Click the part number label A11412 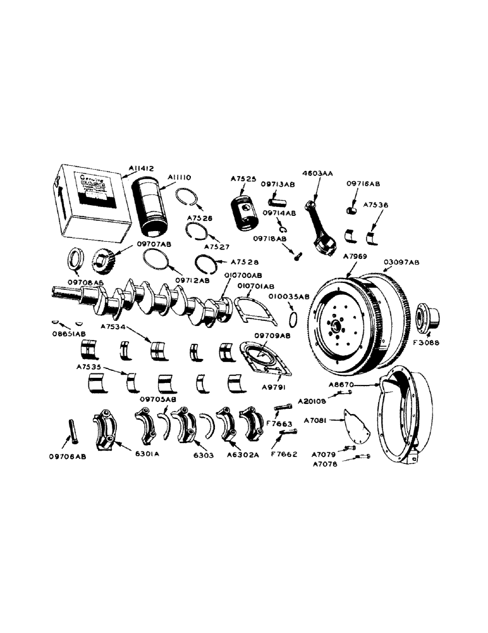[140, 168]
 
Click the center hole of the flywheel [336, 327]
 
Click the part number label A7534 [113, 327]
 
